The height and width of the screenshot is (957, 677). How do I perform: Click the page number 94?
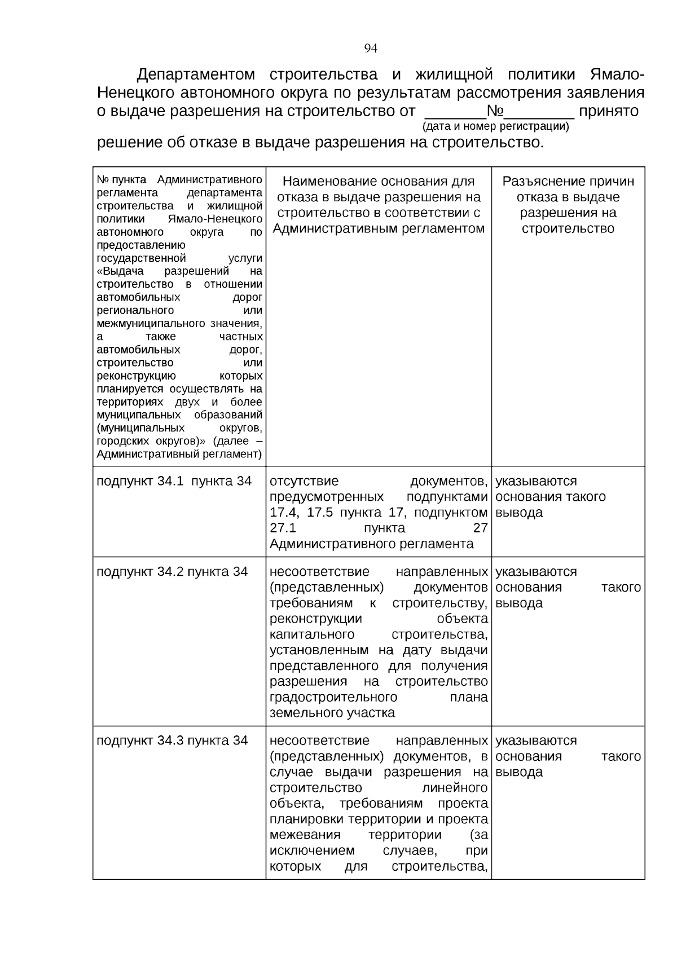371,48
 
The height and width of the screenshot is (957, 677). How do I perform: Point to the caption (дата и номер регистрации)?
495,126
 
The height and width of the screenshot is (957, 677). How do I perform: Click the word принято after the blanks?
609,111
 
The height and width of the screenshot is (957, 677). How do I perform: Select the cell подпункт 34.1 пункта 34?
174,481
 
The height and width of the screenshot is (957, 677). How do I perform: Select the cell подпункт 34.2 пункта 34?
172,571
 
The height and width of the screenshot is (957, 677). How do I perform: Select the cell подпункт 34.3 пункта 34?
172,740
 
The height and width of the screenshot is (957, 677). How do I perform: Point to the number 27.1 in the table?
283,528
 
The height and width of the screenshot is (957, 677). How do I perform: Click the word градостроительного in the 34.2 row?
333,697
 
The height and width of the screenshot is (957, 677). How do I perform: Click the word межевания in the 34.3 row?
305,835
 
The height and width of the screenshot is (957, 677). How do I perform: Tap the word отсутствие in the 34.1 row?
304,481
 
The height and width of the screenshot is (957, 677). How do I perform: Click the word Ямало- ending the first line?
617,74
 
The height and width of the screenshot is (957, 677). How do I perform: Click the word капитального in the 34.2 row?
312,634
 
